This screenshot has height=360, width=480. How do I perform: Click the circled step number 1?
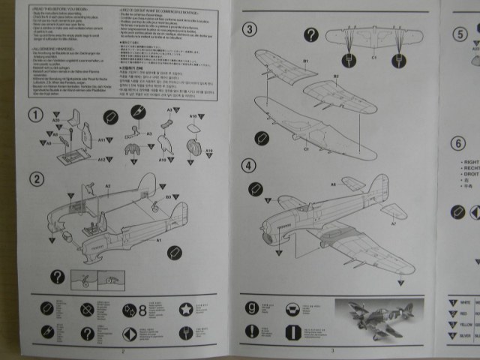[x=35, y=115]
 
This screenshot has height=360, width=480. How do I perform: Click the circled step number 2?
[x=35, y=178]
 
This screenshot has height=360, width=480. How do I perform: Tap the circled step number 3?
[x=250, y=29]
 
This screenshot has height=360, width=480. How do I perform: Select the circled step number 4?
[x=250, y=165]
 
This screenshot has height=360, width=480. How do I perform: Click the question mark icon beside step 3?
[x=311, y=34]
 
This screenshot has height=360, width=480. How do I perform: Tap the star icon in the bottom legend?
[x=184, y=308]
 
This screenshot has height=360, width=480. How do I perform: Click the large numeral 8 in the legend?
[x=142, y=309]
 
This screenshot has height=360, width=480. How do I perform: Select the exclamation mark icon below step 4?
[x=252, y=331]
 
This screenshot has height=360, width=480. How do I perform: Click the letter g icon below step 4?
[x=252, y=307]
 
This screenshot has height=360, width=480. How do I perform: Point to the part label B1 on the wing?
[x=305, y=60]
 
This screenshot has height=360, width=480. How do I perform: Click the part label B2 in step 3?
[x=335, y=76]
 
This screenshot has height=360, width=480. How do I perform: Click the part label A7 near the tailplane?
[x=393, y=223]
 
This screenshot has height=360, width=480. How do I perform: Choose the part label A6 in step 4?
[x=333, y=184]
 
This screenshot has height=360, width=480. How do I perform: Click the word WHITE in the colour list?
[x=466, y=301]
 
